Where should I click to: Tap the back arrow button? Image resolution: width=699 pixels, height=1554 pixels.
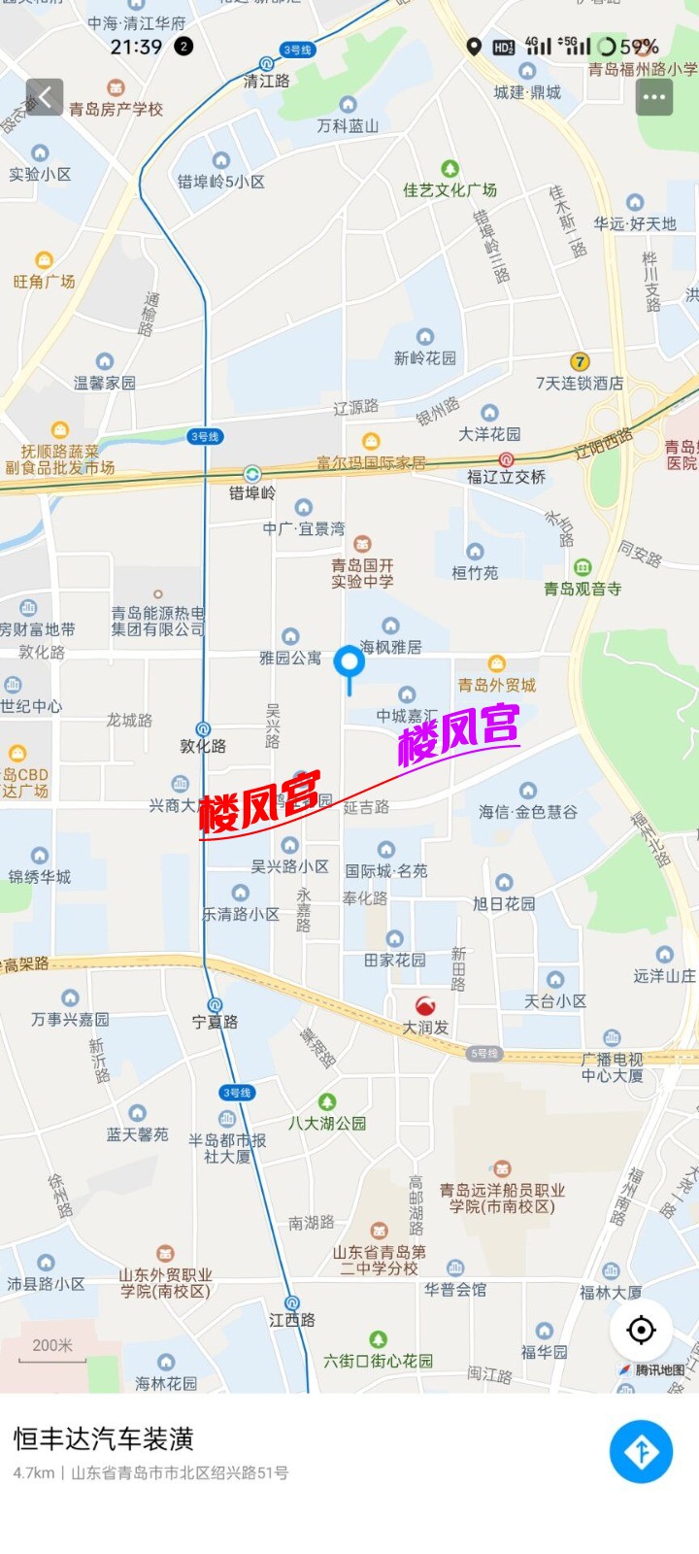tap(45, 97)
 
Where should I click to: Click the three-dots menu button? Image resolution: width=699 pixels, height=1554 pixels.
tap(653, 97)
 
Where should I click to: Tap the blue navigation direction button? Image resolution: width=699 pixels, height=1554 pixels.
tap(641, 1451)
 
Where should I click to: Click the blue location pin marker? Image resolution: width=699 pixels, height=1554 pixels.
tap(349, 664)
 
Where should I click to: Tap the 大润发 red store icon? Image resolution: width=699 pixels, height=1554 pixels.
tap(425, 1006)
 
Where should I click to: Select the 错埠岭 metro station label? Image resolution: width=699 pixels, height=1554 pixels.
tap(252, 492)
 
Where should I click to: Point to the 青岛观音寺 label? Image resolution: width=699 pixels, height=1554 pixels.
tap(582, 589)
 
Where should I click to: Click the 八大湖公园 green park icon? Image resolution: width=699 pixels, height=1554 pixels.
tap(327, 1102)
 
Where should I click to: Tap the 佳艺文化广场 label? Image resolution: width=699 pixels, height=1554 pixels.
tap(449, 190)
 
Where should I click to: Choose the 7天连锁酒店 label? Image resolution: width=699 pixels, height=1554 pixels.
tap(580, 383)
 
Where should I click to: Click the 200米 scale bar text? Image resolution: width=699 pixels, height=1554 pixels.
tap(52, 1345)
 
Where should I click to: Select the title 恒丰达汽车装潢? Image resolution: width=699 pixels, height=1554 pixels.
tap(104, 1438)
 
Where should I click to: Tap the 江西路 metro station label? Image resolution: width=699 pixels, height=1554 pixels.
tap(292, 1320)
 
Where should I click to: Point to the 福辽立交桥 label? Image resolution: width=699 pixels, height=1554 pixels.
tap(506, 476)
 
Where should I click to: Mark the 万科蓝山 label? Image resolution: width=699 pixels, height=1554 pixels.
tap(348, 125)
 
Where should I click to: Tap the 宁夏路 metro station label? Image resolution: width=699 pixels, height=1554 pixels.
tap(215, 1022)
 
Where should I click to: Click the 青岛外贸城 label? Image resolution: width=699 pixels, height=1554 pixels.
tap(497, 685)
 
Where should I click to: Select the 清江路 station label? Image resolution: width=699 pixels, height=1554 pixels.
tap(266, 81)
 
